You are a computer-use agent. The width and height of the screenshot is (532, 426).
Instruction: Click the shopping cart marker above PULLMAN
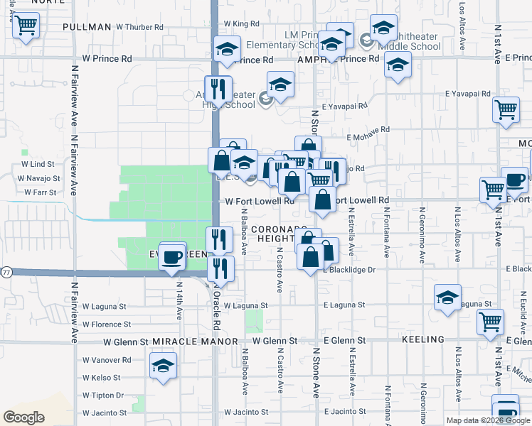(26, 27)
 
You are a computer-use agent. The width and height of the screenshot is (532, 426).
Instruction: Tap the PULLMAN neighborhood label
(87, 27)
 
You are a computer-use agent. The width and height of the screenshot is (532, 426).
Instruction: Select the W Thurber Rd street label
(139, 27)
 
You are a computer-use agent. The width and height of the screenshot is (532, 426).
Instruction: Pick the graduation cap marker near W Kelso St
(164, 366)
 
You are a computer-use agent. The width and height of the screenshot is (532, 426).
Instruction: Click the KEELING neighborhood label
(423, 340)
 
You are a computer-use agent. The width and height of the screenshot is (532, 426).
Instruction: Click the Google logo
(24, 417)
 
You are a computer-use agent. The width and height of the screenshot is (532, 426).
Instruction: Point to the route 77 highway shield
(6, 272)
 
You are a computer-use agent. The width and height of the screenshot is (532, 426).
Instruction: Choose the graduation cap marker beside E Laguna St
(447, 298)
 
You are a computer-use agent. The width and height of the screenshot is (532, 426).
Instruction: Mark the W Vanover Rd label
(107, 360)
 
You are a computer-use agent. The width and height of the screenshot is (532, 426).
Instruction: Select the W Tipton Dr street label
(103, 395)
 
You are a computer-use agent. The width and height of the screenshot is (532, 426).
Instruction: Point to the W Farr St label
(40, 192)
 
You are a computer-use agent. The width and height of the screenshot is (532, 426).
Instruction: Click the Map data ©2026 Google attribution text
(487, 420)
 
